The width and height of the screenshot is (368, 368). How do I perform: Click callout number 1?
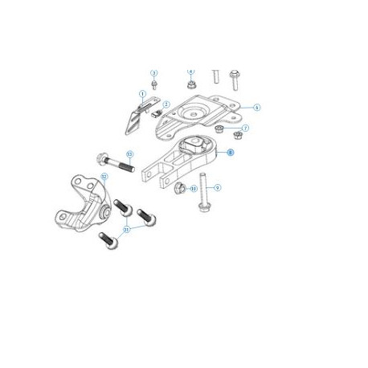point(142,94)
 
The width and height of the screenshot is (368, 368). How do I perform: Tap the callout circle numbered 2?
point(166,104)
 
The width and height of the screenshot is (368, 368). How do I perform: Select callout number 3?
point(153,72)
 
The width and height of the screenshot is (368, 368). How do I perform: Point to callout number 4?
point(190,72)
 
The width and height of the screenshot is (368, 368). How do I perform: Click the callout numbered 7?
point(246,128)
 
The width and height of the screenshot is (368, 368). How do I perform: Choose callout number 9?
point(218,187)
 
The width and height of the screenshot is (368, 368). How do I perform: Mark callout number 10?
point(194,188)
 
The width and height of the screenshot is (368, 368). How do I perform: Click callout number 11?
point(127,229)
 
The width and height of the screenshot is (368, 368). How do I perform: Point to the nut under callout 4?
point(190,84)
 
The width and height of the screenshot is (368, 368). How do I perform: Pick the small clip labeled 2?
point(157,112)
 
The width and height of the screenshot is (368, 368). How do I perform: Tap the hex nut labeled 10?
point(180,189)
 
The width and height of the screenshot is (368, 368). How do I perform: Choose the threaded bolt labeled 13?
point(113,163)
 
